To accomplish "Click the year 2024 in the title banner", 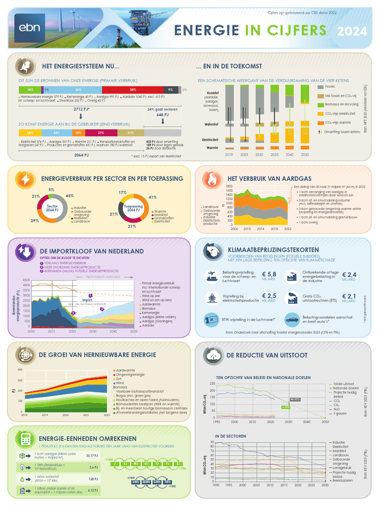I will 352,32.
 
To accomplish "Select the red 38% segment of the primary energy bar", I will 133,89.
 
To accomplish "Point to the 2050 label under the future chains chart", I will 305,155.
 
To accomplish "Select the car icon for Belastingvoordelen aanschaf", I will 292,320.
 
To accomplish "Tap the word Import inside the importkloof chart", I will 87,299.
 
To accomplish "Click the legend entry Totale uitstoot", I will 344,384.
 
